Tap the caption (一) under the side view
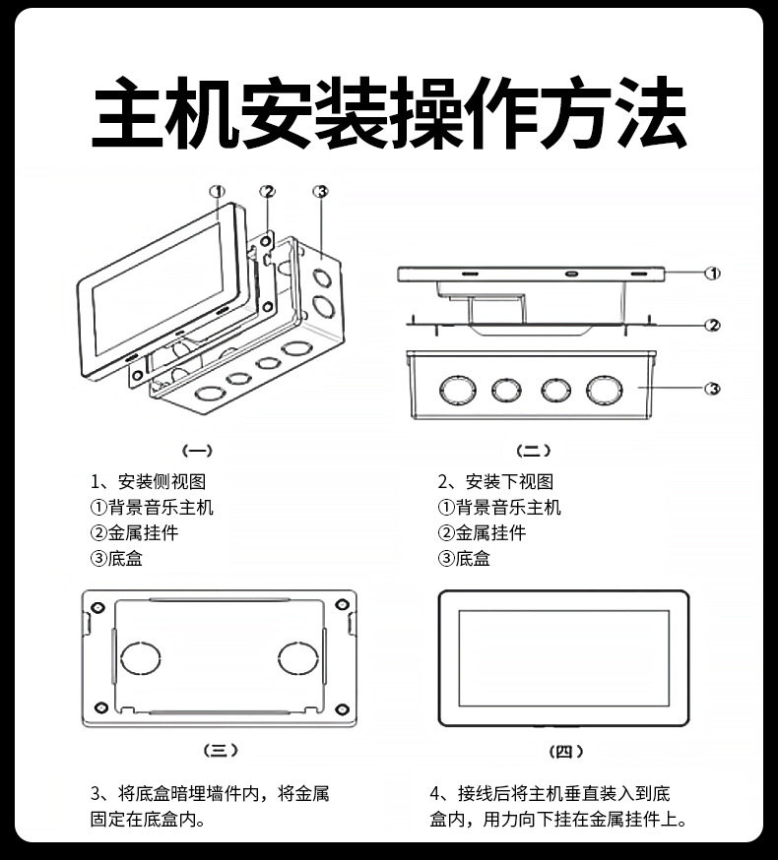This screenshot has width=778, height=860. (x=199, y=452)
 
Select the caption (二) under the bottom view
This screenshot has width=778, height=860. (x=534, y=452)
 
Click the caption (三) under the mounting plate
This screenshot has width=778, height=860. (x=221, y=751)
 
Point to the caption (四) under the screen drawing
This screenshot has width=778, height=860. (x=564, y=752)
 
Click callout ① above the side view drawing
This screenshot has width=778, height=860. (x=218, y=191)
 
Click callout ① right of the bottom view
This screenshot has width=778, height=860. (x=712, y=274)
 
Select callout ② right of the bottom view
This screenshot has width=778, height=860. (x=712, y=325)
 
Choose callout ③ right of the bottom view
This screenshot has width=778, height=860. (x=712, y=390)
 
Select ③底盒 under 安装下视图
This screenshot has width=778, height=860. (x=464, y=559)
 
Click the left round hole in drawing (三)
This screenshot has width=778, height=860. (x=144, y=658)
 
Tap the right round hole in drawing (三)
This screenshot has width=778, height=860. (x=296, y=658)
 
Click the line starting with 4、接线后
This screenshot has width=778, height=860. (x=551, y=794)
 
